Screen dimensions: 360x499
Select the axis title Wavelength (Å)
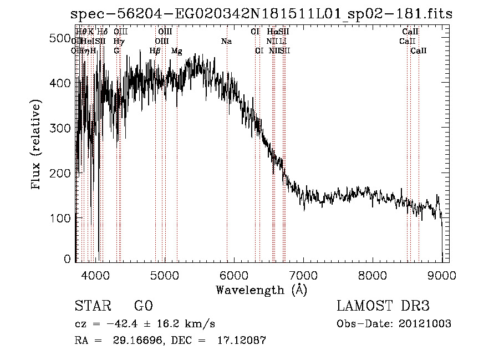click(x=261, y=290)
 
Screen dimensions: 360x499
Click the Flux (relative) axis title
click(x=37, y=145)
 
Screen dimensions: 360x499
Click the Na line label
click(x=226, y=42)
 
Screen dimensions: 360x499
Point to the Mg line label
click(x=177, y=51)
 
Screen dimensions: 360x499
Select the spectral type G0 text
click(x=143, y=306)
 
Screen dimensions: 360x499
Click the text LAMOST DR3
click(x=383, y=306)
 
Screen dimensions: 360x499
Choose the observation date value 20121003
click(x=427, y=324)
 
